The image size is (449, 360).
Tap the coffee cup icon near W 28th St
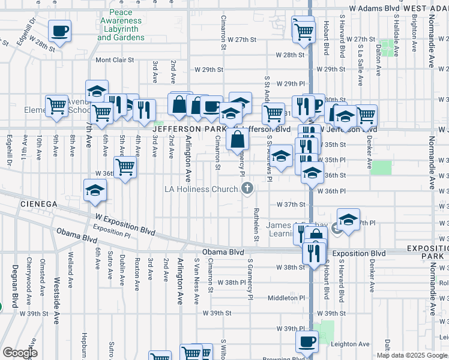pyautogui.click(x=60, y=31)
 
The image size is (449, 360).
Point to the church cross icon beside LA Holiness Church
pyautogui.click(x=246, y=190)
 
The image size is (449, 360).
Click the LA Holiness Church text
pyautogui.click(x=201, y=190)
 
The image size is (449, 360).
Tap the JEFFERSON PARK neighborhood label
pyautogui.click(x=188, y=128)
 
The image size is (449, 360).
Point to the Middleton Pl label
pyautogui.click(x=287, y=298)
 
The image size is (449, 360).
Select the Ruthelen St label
pyautogui.click(x=256, y=226)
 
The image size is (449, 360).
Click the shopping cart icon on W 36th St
pyautogui.click(x=125, y=167)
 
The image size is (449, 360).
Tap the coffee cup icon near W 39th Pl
pyautogui.click(x=306, y=342)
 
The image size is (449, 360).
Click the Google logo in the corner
pyautogui.click(x=20, y=353)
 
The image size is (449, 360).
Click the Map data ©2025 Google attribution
pyautogui.click(x=412, y=355)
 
